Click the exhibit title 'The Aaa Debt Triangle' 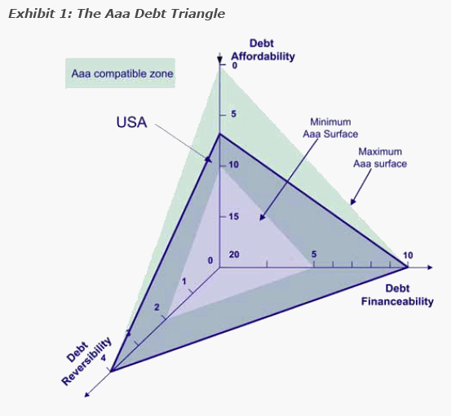[x=151, y=14]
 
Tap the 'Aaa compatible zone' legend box [x=120, y=73]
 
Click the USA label [x=131, y=122]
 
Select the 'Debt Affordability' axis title [x=263, y=50]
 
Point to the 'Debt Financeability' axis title [x=397, y=295]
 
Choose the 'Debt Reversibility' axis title [x=86, y=361]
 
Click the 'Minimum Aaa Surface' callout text [x=330, y=128]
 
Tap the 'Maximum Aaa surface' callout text [x=380, y=157]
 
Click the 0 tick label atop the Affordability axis [x=235, y=65]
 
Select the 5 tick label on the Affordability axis [x=233, y=114]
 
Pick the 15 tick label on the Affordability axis [x=234, y=216]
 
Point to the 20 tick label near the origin [x=234, y=254]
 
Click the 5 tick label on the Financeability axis [x=314, y=254]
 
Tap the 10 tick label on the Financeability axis [x=408, y=255]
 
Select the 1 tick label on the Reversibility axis [x=184, y=281]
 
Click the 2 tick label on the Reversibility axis [x=157, y=308]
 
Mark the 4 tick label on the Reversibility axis [x=103, y=358]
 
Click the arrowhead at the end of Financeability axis [x=430, y=268]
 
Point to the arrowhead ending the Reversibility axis [x=87, y=395]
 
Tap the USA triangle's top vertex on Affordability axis [x=219, y=134]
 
